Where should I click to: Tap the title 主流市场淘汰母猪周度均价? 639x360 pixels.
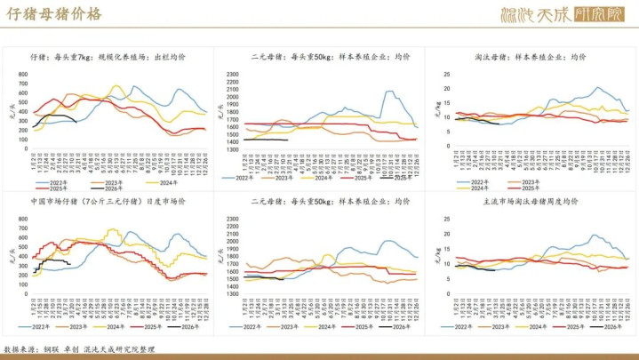531,203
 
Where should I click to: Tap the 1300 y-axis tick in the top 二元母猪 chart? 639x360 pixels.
232,148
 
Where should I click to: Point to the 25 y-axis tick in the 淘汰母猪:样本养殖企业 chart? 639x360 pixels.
449,73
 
